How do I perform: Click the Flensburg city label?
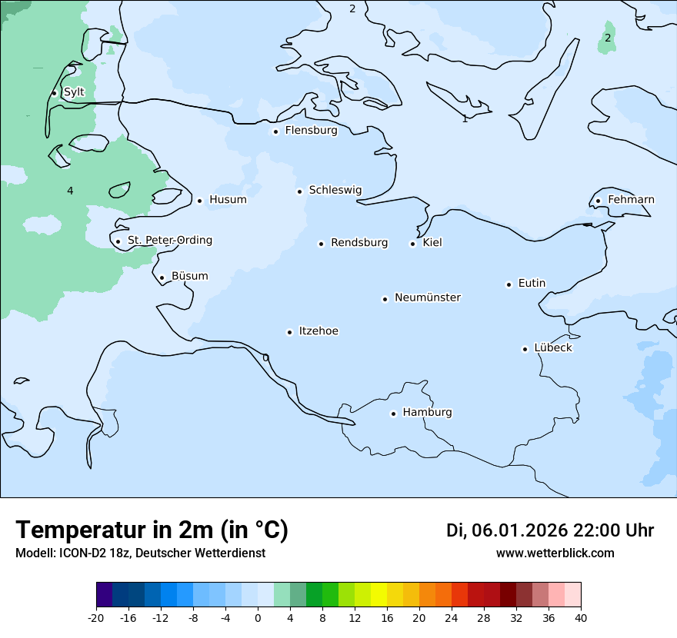[x=311, y=131]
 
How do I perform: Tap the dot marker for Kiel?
[x=412, y=244]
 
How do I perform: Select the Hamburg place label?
[x=427, y=413]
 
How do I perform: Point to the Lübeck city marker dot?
[x=525, y=349]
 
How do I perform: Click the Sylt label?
[x=74, y=92]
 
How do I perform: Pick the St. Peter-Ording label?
[x=169, y=241]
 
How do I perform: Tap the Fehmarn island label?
[x=631, y=200]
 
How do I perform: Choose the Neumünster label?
[x=428, y=297]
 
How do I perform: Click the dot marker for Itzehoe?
[x=289, y=332]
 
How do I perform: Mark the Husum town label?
[x=228, y=200]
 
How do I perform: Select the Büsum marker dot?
[x=162, y=277]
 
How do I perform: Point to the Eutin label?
[x=532, y=284]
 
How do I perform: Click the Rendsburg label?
[x=359, y=243]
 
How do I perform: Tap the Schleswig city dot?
[x=299, y=191]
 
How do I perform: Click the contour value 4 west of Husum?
[x=70, y=191]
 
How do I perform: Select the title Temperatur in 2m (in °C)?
[x=152, y=530]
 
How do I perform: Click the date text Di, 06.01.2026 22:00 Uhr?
[x=550, y=530]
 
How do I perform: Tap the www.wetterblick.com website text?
[x=555, y=553]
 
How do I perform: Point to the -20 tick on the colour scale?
[x=96, y=618]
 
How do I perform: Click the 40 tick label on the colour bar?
[x=581, y=618]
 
